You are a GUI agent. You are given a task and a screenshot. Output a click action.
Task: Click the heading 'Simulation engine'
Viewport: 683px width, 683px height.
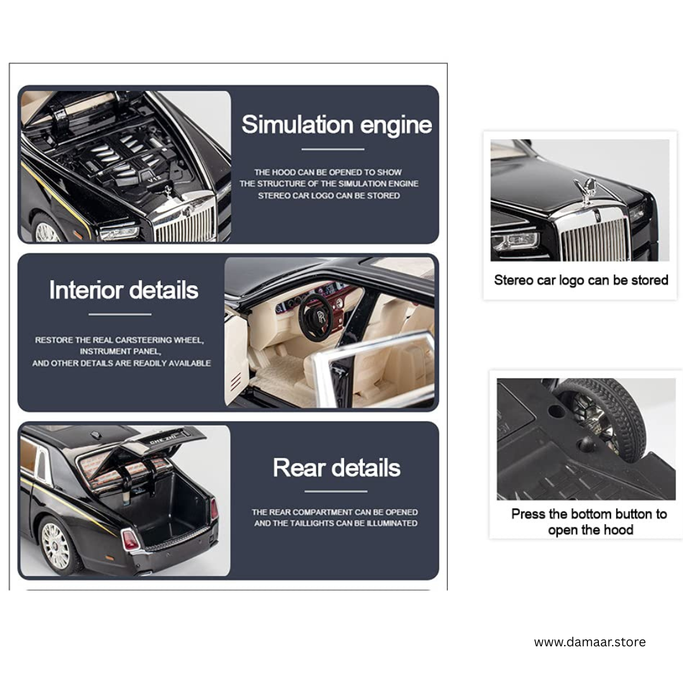(336, 125)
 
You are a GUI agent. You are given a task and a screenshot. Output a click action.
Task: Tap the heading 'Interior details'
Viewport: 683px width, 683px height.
(124, 290)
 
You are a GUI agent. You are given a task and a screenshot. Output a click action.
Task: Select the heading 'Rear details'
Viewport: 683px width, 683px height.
(336, 468)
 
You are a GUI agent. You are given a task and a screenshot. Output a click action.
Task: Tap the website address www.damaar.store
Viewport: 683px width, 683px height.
(590, 642)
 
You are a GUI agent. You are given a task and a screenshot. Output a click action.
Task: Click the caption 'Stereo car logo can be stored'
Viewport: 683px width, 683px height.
(581, 280)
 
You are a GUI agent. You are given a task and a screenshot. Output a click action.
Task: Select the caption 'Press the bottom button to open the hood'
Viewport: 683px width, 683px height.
(589, 522)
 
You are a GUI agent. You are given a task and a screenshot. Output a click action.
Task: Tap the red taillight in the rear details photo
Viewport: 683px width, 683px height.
(130, 539)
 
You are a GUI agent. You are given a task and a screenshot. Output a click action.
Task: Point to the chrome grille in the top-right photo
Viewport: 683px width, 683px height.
(593, 239)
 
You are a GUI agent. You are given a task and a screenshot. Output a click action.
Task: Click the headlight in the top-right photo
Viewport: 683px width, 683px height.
(515, 241)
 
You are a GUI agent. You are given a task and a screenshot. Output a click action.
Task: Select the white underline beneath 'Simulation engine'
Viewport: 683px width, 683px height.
(333, 149)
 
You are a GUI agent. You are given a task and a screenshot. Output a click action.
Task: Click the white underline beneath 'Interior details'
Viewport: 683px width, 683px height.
(120, 314)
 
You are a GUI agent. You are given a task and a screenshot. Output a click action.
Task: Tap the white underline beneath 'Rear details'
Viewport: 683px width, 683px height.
(336, 491)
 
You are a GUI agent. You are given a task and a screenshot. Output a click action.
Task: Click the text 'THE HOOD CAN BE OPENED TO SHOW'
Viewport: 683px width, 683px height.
(328, 172)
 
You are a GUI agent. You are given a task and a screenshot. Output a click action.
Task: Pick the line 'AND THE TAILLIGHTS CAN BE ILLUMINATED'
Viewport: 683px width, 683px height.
(336, 523)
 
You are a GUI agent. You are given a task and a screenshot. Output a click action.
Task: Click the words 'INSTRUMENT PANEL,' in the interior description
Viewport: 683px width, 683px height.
(120, 351)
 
